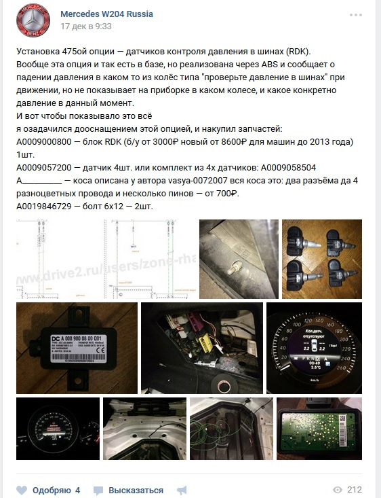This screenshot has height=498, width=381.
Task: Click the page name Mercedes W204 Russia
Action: click(106, 14)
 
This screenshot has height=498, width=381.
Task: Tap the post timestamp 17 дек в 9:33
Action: click(86, 26)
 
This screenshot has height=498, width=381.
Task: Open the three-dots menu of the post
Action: click(357, 14)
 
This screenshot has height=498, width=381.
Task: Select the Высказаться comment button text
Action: click(136, 490)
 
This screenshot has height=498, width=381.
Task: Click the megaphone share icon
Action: click(181, 490)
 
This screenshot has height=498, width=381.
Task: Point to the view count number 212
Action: click(355, 490)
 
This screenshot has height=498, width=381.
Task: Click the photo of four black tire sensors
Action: click(323, 258)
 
